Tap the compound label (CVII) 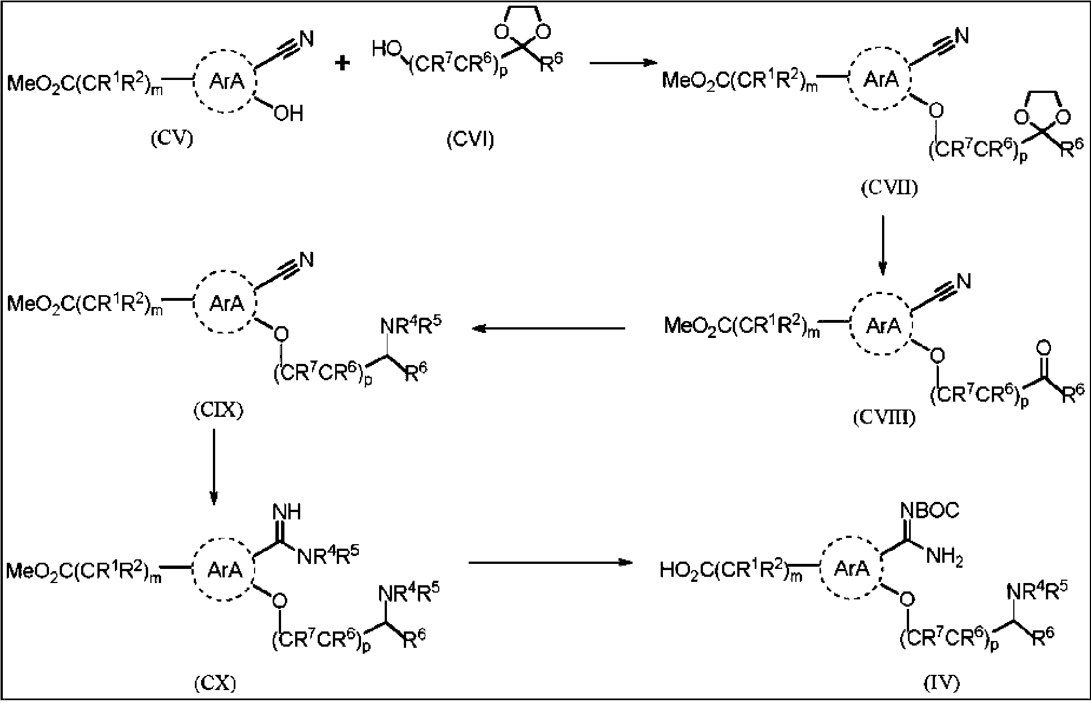(x=889, y=188)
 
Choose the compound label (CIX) (x=217, y=411)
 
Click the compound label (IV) (x=941, y=683)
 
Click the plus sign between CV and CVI (x=341, y=63)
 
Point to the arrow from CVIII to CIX (x=549, y=328)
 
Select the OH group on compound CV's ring (x=288, y=114)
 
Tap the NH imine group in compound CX (x=287, y=512)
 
